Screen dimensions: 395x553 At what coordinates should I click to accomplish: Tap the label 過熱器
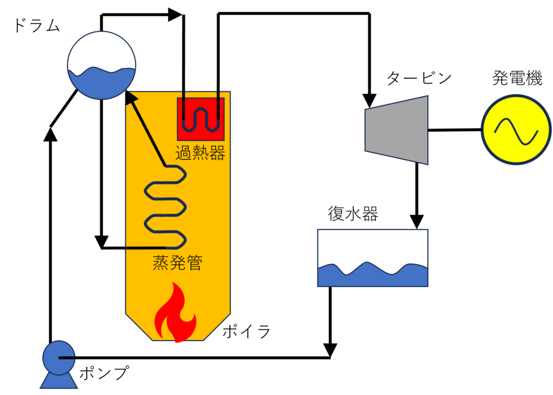200,153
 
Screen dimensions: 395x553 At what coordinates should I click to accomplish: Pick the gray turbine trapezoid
397,130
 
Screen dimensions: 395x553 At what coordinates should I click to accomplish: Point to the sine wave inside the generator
516,131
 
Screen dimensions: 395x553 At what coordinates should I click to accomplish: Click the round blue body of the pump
57,357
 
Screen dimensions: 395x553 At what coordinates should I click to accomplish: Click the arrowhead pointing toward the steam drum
131,98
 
